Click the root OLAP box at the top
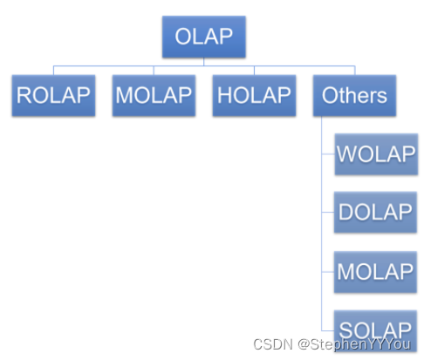203,37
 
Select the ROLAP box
52,95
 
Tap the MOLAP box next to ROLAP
153,95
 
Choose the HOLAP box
253,95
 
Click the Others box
353,95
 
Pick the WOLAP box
375,153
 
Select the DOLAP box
375,212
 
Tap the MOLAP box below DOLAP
375,270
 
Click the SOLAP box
375,329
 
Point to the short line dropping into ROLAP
52,71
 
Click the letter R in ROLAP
24,95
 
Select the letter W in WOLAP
346,154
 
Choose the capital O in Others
330,95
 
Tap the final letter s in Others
381,96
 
